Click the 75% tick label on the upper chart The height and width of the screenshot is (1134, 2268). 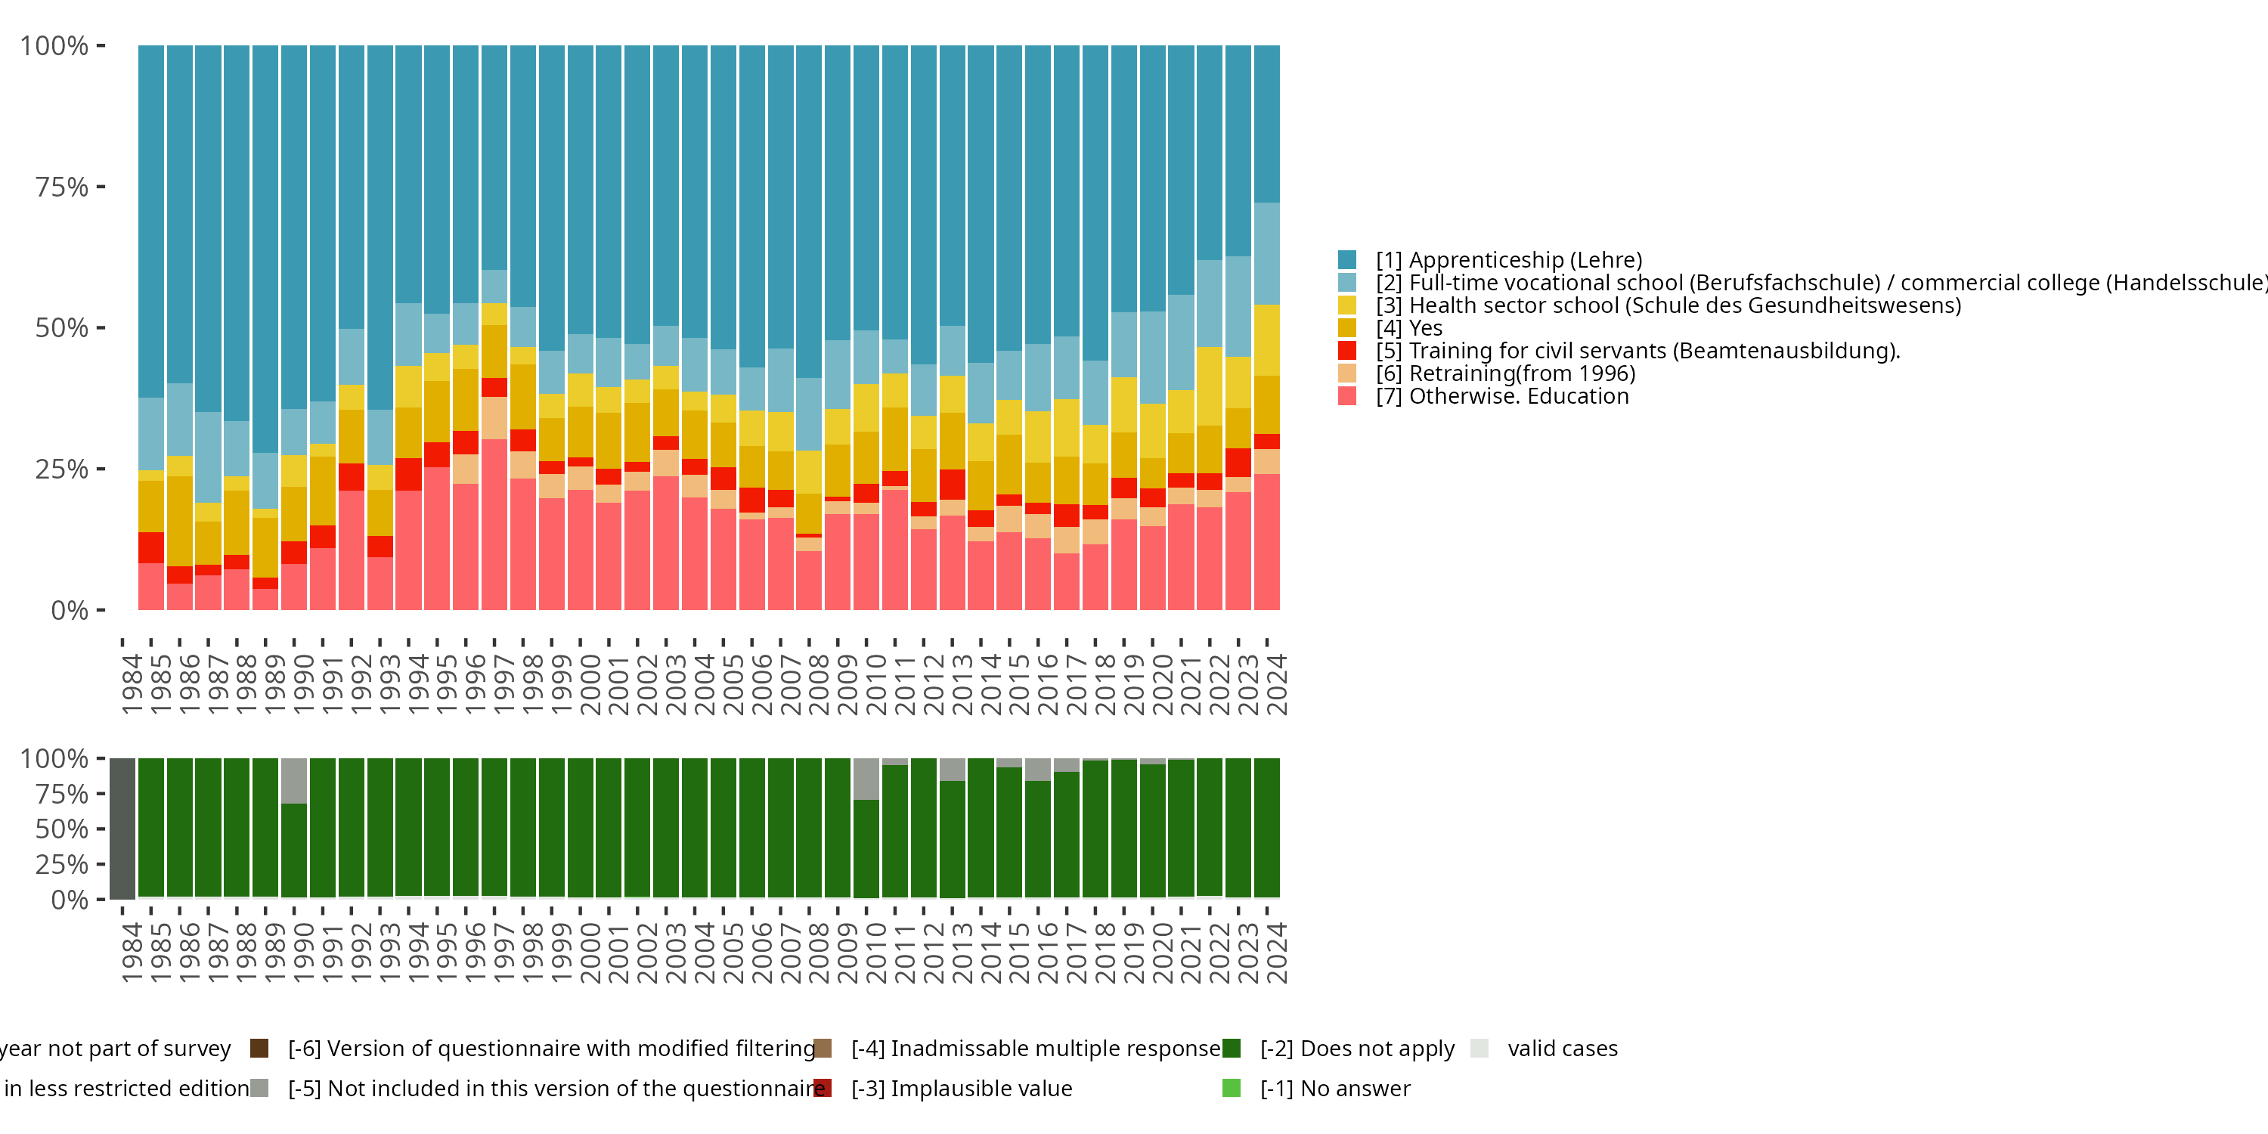pyautogui.click(x=62, y=187)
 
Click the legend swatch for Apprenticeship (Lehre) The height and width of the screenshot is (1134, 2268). pyautogui.click(x=1347, y=260)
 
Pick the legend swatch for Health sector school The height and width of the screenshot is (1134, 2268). pyautogui.click(x=1347, y=305)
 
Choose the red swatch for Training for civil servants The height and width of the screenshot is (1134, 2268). pyautogui.click(x=1347, y=351)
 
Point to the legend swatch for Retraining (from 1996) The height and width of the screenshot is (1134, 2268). pyautogui.click(x=1347, y=373)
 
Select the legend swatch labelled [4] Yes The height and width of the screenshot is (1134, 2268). pyautogui.click(x=1347, y=327)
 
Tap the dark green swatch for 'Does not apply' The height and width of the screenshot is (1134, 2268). pyautogui.click(x=1232, y=1049)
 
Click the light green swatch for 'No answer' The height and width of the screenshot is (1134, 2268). pyautogui.click(x=1232, y=1088)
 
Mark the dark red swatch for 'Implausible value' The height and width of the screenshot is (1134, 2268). pyautogui.click(x=823, y=1088)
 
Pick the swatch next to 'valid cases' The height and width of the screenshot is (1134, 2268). pyautogui.click(x=1479, y=1049)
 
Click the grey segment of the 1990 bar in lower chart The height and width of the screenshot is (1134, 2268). pyautogui.click(x=294, y=781)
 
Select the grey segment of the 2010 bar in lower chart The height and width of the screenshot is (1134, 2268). pyautogui.click(x=866, y=779)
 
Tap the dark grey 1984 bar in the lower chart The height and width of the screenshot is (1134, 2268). pyautogui.click(x=122, y=829)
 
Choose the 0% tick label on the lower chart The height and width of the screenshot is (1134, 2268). pyautogui.click(x=70, y=900)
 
